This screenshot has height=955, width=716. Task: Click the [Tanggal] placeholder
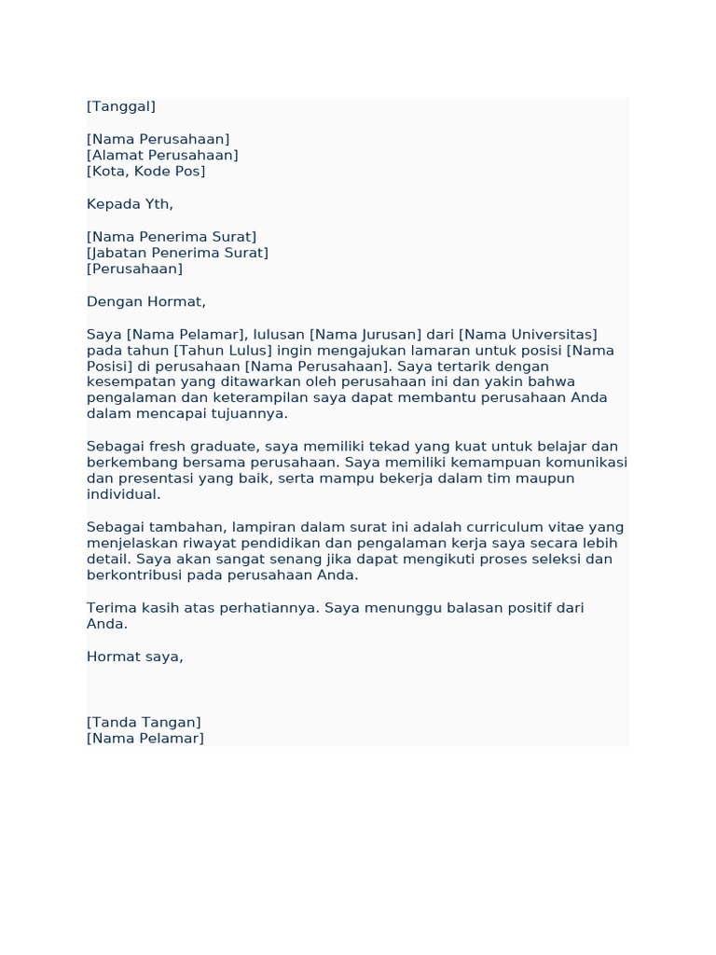(121, 106)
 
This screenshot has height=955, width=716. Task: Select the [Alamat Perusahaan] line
(162, 155)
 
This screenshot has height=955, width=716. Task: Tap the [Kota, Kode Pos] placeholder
(145, 172)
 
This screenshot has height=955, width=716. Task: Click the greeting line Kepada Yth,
(130, 204)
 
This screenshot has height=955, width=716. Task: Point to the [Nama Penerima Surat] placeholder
(172, 237)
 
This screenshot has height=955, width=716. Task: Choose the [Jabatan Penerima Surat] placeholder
(177, 253)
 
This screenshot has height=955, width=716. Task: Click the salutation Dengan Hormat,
(145, 302)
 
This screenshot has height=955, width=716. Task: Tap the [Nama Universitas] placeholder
(528, 335)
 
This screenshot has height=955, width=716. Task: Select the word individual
(123, 494)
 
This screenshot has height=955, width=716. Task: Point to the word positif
(528, 608)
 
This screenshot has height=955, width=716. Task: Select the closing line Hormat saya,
(135, 657)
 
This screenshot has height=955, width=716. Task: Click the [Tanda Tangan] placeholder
(144, 723)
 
